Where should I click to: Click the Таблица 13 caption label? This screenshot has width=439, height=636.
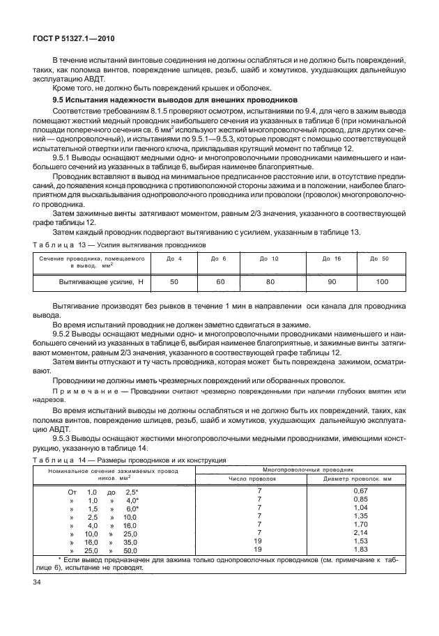(x=54, y=246)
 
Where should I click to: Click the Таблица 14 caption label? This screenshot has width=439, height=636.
(x=54, y=460)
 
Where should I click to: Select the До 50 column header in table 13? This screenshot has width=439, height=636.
(x=378, y=258)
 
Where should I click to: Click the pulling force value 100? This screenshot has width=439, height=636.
(x=382, y=281)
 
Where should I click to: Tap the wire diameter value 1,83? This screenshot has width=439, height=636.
(x=360, y=549)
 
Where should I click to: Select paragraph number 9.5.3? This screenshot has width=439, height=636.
(x=63, y=439)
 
